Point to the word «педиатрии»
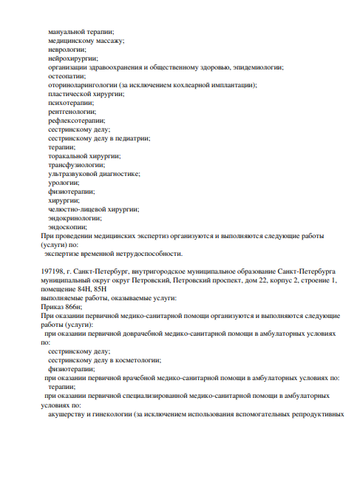[x=135, y=138]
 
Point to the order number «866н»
[x=69, y=306]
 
